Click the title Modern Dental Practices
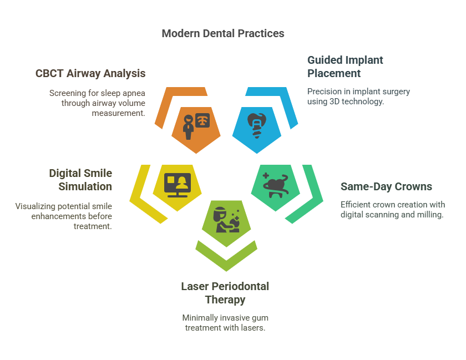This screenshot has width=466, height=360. coord(223,33)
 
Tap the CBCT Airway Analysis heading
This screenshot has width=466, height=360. coord(90,73)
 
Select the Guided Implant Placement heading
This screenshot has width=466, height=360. coord(345,67)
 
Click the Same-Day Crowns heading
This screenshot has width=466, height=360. coord(386,186)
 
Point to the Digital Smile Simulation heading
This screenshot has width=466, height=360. coord(80,180)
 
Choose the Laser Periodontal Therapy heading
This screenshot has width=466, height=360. coord(225,293)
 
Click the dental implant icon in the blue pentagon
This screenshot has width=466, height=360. coord(257,125)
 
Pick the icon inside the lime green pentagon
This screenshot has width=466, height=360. coord(226,220)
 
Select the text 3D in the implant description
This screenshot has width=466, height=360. coord(334,102)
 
